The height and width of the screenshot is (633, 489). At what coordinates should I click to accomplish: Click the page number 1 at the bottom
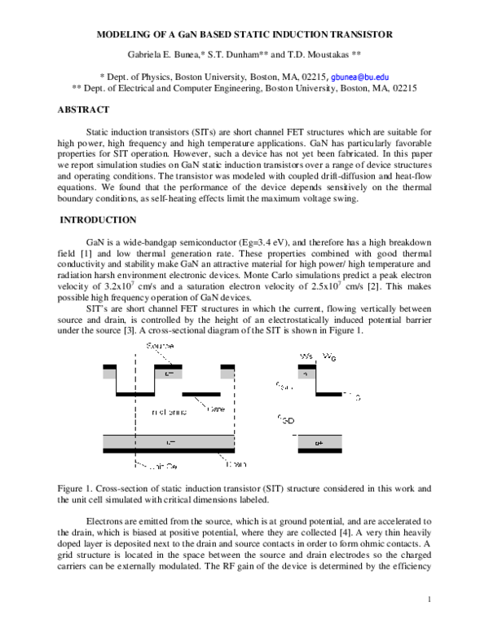(x=429, y=600)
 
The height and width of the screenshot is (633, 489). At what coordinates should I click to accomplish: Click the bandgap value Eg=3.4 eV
(x=305, y=243)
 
